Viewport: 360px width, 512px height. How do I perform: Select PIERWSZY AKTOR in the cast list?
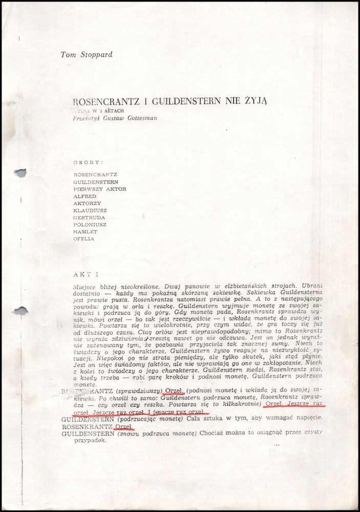100,189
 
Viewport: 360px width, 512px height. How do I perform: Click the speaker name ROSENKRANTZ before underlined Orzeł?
87,426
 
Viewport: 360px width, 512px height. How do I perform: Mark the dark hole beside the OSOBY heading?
20,173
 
